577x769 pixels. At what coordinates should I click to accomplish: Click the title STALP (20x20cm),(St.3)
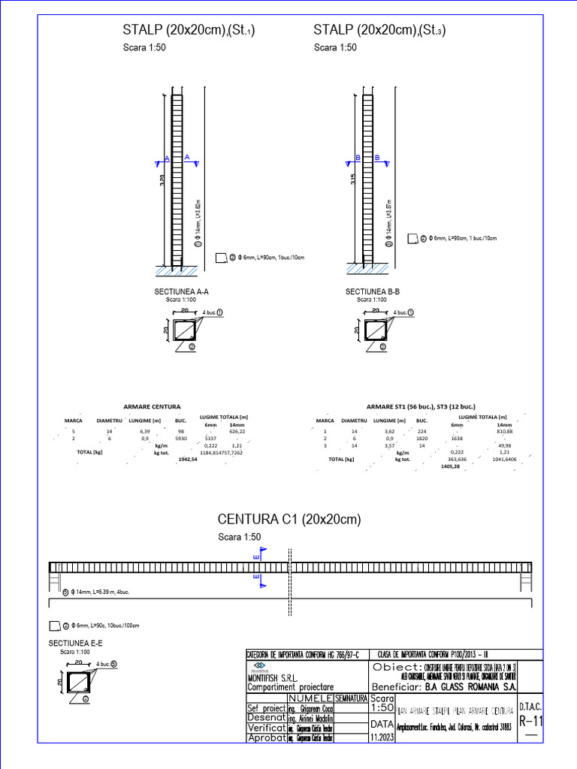coord(380,30)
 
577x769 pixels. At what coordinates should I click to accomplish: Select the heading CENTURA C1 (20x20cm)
coord(289,520)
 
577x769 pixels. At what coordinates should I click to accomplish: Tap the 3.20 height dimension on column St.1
coord(162,181)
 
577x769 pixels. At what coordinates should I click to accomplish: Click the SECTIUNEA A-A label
coord(181,291)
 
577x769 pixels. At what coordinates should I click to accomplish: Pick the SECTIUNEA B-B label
coord(372,291)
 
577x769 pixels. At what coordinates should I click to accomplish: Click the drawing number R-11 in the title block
coord(530,722)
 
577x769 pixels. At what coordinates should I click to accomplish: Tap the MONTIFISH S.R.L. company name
coord(276,677)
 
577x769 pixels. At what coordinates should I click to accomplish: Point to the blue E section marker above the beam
coord(258,556)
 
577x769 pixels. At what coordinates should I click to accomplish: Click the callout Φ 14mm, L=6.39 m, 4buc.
coord(103,592)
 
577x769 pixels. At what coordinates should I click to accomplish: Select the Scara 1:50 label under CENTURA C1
coord(239,537)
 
